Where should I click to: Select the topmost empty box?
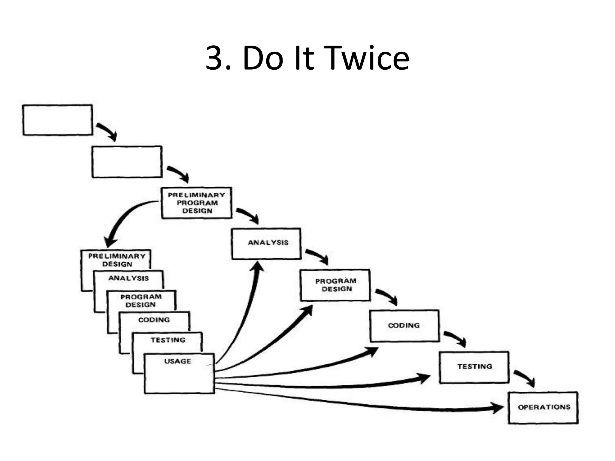coord(57,120)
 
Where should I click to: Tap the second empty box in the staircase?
coord(127,162)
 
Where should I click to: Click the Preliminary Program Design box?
coord(196,203)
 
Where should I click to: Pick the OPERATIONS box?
coord(543,408)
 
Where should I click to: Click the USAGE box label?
coord(177,361)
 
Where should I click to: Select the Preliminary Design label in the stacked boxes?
coord(117,260)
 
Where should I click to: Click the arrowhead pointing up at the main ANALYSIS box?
coord(257,267)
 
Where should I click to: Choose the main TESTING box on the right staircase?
coord(474,367)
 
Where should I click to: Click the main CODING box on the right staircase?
coord(404,326)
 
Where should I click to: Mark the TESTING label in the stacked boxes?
coord(168,340)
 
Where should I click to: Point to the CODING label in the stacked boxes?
coord(154,320)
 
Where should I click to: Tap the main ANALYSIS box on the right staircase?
coord(266,243)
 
